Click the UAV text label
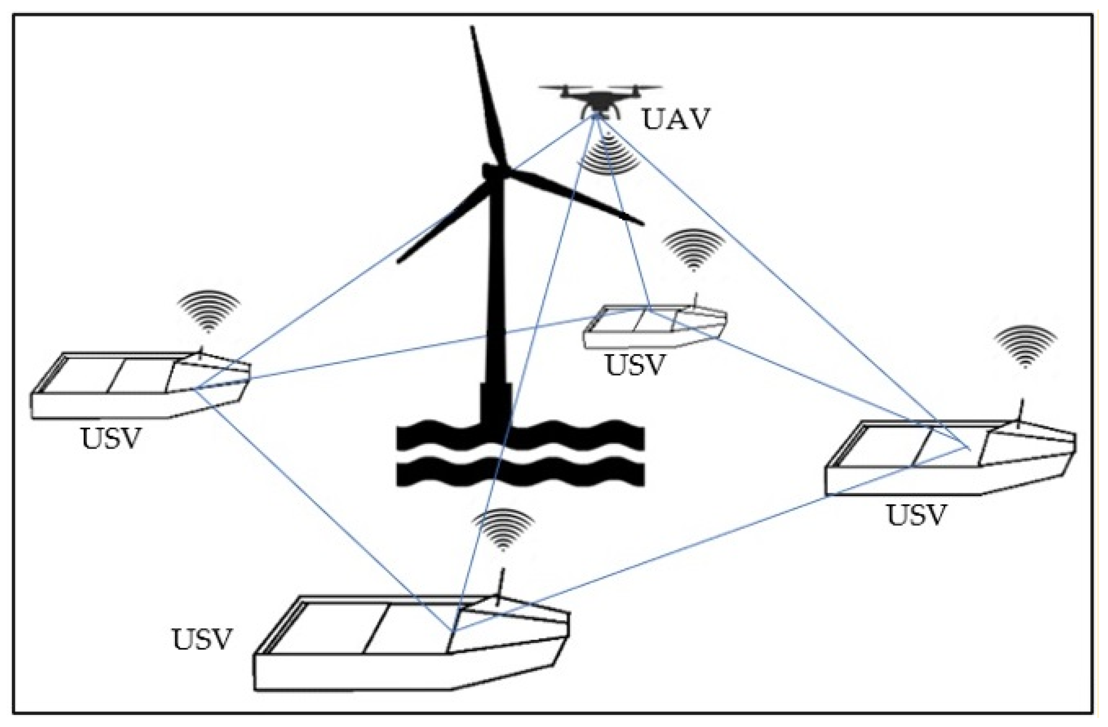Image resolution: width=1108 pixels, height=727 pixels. coord(676,119)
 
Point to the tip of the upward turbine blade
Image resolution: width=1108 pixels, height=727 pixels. coord(473,29)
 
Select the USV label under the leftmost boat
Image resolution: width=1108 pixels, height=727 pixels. coord(111,438)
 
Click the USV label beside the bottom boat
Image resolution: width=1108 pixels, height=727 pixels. coord(202,640)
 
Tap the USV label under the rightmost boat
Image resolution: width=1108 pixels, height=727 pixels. coord(916,515)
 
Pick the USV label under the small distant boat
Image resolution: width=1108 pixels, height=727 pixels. coord(634,365)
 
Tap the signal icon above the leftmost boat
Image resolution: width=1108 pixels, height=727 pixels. coord(208,310)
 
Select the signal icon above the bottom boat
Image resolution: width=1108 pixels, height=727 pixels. coord(503,528)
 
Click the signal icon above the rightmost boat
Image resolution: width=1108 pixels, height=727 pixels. coord(1025,345)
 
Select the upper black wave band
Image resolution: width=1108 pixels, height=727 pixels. coord(520,435)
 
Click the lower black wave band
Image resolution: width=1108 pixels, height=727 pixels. coord(520,471)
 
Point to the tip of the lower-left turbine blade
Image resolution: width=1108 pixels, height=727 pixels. coord(399,261)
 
